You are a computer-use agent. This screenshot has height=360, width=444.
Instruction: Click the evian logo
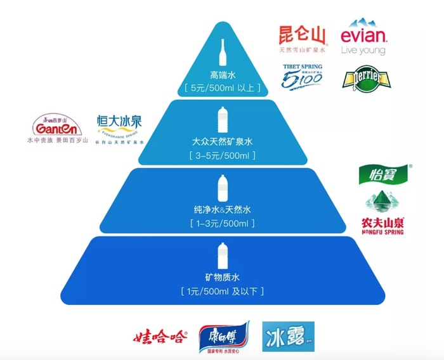[x=363, y=37]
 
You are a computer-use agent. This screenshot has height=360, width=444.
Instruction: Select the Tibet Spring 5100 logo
[x=303, y=76]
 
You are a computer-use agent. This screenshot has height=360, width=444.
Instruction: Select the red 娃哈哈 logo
[x=160, y=337]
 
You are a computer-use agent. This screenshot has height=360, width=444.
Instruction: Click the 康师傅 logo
[x=224, y=337]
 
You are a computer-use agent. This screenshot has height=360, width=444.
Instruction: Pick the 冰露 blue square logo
[x=288, y=337]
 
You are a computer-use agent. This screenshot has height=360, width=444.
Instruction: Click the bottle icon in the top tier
[x=223, y=52]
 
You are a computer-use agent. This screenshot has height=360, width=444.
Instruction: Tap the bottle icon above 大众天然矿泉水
[x=223, y=119]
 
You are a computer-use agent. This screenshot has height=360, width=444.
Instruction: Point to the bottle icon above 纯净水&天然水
[x=223, y=188]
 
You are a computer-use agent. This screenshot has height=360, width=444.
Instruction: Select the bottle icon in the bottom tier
[x=222, y=255]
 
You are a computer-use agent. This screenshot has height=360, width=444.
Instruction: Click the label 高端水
[x=222, y=74]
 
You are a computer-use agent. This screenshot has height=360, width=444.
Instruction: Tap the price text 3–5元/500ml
[x=222, y=155]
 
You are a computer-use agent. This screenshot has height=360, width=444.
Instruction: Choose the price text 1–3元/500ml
[x=222, y=224]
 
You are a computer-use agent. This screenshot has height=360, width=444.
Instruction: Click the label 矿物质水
[x=222, y=277]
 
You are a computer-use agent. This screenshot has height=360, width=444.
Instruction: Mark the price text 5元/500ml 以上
[x=222, y=88]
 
